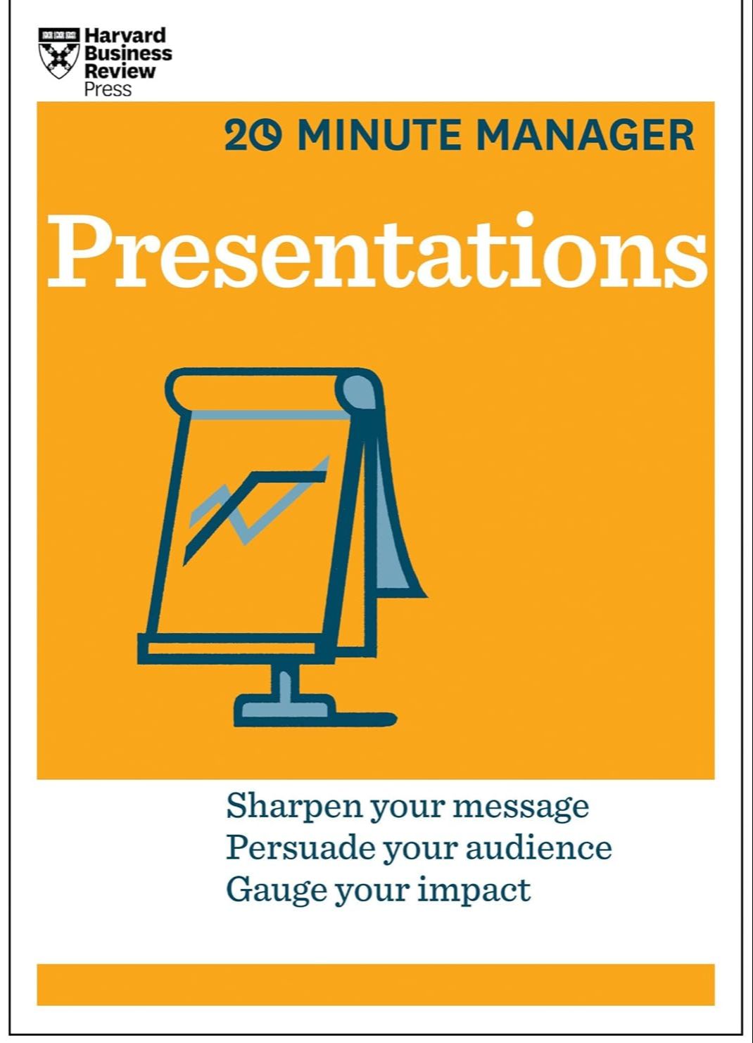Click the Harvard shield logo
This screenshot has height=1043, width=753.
point(58,53)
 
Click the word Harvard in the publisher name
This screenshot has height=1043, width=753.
point(125,36)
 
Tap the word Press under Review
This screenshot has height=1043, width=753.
point(108,89)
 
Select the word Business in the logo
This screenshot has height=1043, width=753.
point(128,53)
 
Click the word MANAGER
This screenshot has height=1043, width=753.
point(585,136)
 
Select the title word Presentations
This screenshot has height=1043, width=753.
point(376,252)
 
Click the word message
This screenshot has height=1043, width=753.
point(520,807)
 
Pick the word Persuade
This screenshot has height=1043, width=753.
point(300,847)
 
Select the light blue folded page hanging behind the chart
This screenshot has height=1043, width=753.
point(394,535)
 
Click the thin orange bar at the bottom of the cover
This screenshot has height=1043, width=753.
point(376,985)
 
